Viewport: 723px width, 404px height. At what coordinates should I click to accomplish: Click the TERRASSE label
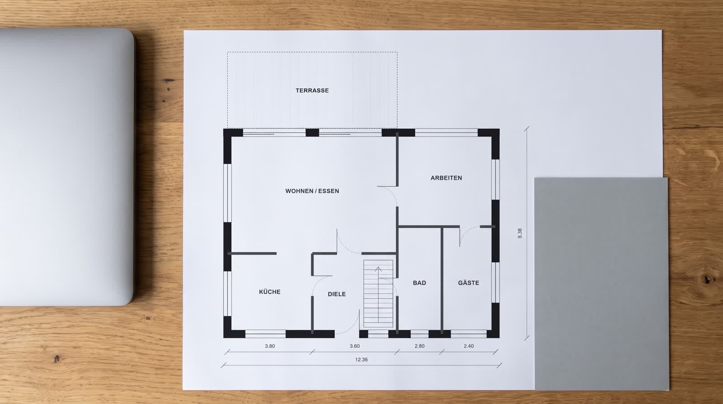click(x=312, y=91)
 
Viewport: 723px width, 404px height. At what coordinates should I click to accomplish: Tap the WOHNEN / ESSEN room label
click(x=312, y=191)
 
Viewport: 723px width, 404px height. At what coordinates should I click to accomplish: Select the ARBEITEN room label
click(x=446, y=178)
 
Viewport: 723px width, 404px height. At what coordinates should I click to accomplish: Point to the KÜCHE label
click(x=269, y=292)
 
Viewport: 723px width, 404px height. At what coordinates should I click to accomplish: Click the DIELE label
click(x=337, y=294)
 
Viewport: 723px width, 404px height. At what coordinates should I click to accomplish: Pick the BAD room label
click(x=419, y=283)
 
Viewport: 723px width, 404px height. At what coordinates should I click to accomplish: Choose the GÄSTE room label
click(x=468, y=283)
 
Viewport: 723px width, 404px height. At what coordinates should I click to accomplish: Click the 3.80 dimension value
click(x=270, y=346)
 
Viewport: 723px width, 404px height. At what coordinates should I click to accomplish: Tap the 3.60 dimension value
click(x=354, y=346)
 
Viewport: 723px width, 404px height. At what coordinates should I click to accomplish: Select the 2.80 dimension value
click(x=419, y=346)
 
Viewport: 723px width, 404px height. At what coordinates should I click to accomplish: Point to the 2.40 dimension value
click(x=468, y=346)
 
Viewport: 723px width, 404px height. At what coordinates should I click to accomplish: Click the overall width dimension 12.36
click(x=361, y=359)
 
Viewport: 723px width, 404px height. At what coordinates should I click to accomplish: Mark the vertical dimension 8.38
click(x=520, y=233)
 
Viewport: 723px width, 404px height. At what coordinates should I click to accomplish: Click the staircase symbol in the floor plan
click(x=378, y=294)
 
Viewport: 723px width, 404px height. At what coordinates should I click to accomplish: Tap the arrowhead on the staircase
click(x=378, y=269)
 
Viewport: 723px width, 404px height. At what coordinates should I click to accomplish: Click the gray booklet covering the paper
click(x=601, y=284)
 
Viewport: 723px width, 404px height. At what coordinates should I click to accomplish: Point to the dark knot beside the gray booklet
click(x=706, y=279)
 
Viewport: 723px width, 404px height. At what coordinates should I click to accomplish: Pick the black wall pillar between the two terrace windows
click(x=312, y=132)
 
